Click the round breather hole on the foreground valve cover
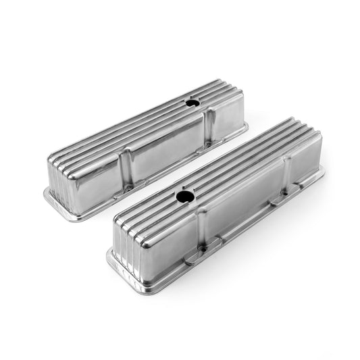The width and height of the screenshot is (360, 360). tap(184, 197)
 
